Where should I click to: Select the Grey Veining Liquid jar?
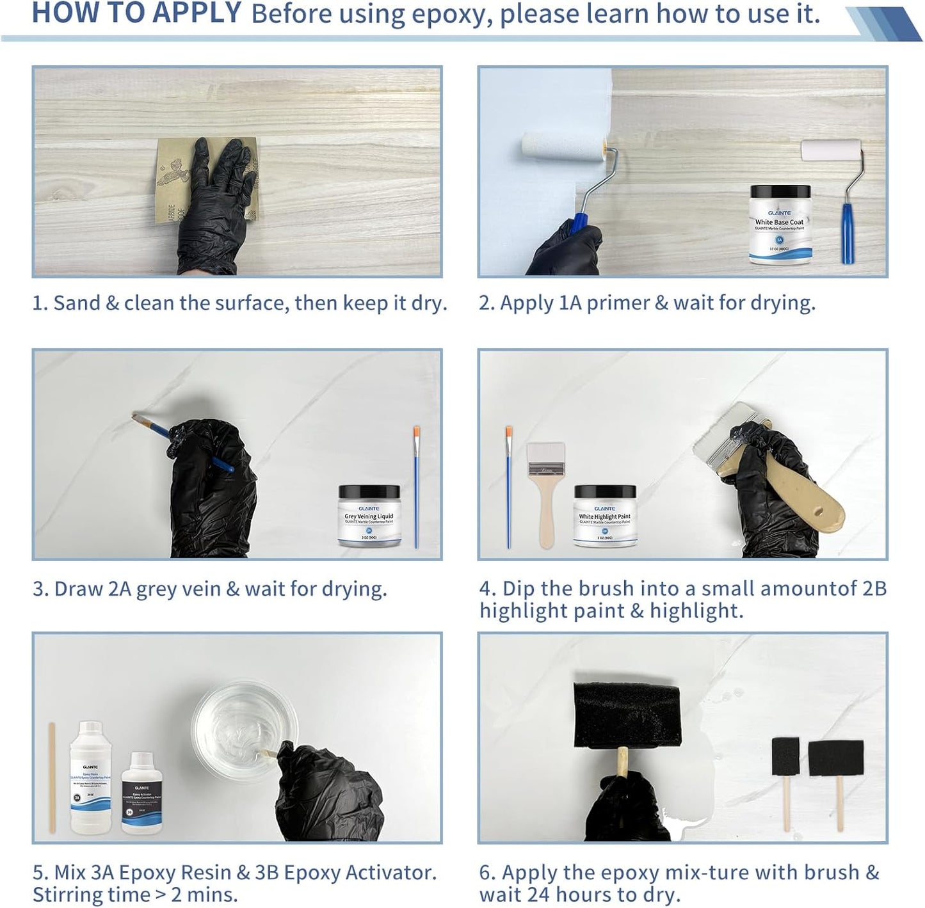click(x=369, y=516)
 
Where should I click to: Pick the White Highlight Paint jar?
click(x=604, y=516)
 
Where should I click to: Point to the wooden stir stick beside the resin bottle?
click(x=52, y=777)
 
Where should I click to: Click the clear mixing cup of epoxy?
click(x=245, y=723)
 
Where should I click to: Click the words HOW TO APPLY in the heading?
click(x=136, y=13)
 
